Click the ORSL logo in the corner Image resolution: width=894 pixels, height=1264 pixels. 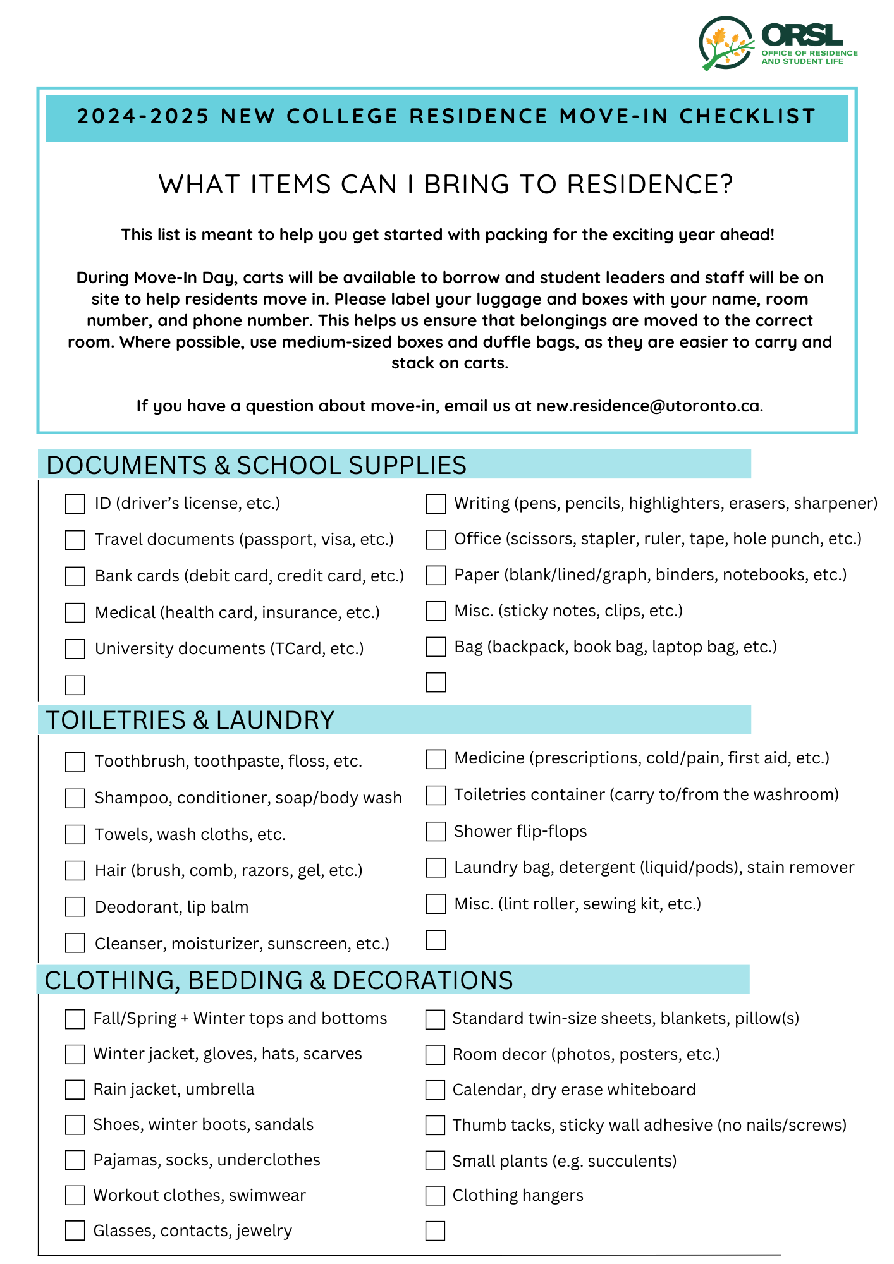coord(778,43)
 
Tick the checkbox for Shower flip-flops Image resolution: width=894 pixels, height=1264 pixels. coord(436,831)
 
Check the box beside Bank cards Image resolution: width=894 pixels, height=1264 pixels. coord(75,576)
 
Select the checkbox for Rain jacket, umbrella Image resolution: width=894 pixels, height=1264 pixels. coord(75,1090)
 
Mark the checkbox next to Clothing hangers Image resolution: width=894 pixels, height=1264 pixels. coord(435,1195)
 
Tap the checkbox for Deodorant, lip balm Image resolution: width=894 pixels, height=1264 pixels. coord(75,907)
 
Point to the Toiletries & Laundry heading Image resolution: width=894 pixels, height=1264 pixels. coord(190,720)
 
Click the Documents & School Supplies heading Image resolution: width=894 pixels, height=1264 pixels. coord(256,465)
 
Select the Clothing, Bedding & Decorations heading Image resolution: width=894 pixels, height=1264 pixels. coord(279,980)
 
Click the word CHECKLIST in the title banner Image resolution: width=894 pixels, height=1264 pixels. coord(747,116)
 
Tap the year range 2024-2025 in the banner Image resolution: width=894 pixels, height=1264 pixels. coord(143,116)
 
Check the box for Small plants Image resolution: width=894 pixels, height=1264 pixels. coord(435,1160)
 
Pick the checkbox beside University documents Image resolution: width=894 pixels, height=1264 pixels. coord(75,649)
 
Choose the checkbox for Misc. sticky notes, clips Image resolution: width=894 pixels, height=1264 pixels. coord(436,611)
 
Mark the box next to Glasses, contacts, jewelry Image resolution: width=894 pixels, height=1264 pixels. coord(75,1231)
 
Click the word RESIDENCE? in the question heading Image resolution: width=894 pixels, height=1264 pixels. coord(649,185)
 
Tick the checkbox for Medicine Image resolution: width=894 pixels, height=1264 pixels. coord(436,758)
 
